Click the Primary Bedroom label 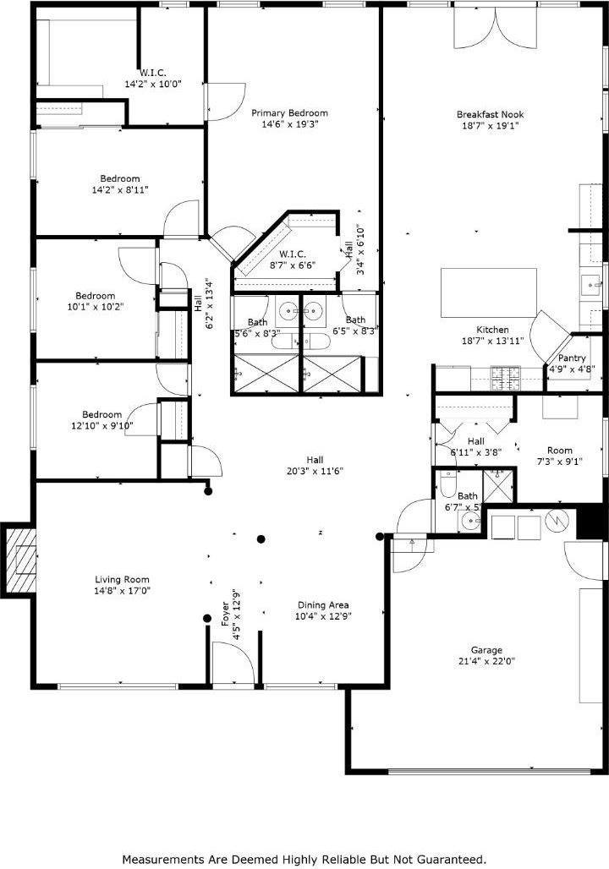(x=290, y=113)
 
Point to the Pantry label (x=572, y=358)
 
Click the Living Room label (x=122, y=580)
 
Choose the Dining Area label (x=323, y=605)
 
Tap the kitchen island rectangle (x=489, y=292)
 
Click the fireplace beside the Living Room (x=22, y=559)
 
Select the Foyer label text (x=225, y=609)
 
